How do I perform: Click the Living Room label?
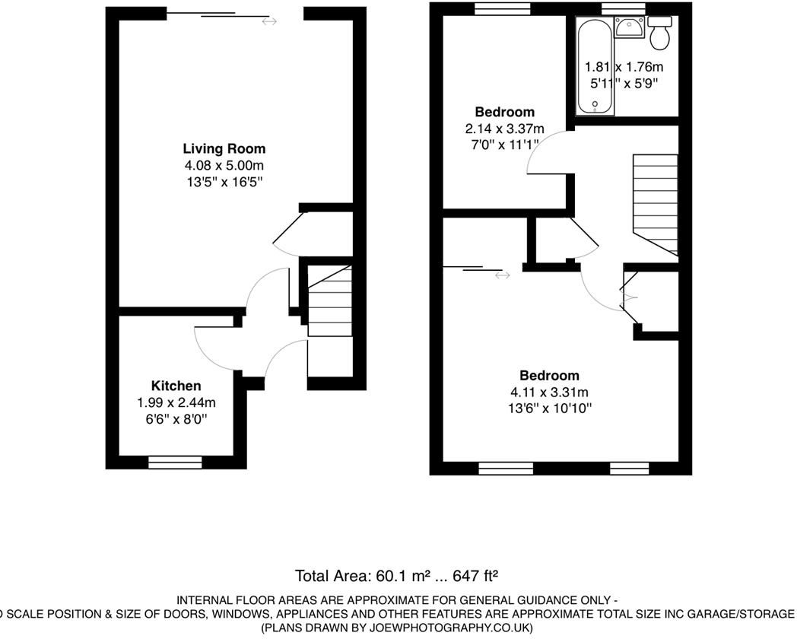pos(224,149)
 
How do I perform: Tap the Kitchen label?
pos(176,386)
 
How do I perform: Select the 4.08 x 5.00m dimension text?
pos(224,165)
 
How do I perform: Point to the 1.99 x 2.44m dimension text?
pos(176,402)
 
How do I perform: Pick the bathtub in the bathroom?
pos(590,67)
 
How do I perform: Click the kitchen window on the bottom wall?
pos(175,461)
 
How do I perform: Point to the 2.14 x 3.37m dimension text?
pos(505,129)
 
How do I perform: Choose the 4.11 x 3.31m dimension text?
pos(549,393)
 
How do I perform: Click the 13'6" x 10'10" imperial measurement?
pos(549,409)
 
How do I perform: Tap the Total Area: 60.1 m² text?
pos(357,575)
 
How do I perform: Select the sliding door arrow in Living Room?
pos(269,22)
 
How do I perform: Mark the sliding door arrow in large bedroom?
pos(502,275)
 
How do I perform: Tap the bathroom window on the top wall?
pos(623,8)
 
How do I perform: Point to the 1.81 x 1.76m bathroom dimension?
pos(621,66)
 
